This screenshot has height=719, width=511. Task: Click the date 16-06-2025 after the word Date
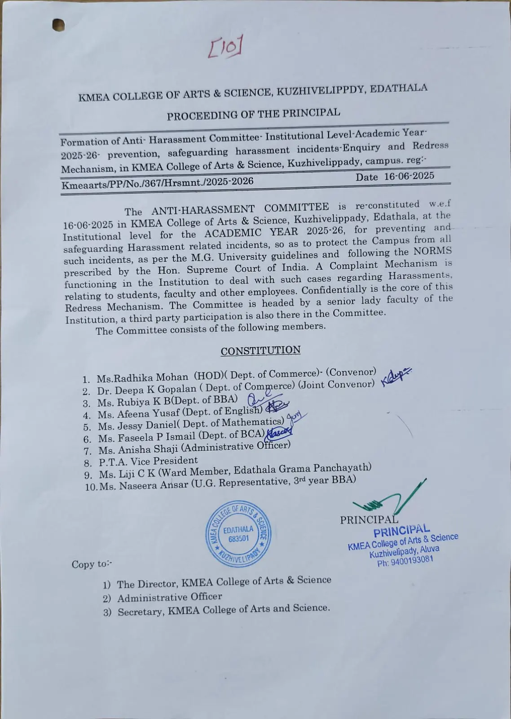[409, 176]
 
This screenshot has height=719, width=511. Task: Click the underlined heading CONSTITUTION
[260, 351]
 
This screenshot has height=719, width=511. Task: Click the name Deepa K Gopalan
[155, 390]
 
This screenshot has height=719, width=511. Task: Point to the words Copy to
[92, 564]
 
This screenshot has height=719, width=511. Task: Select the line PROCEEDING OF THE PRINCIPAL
[253, 114]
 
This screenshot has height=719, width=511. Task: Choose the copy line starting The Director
[224, 582]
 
